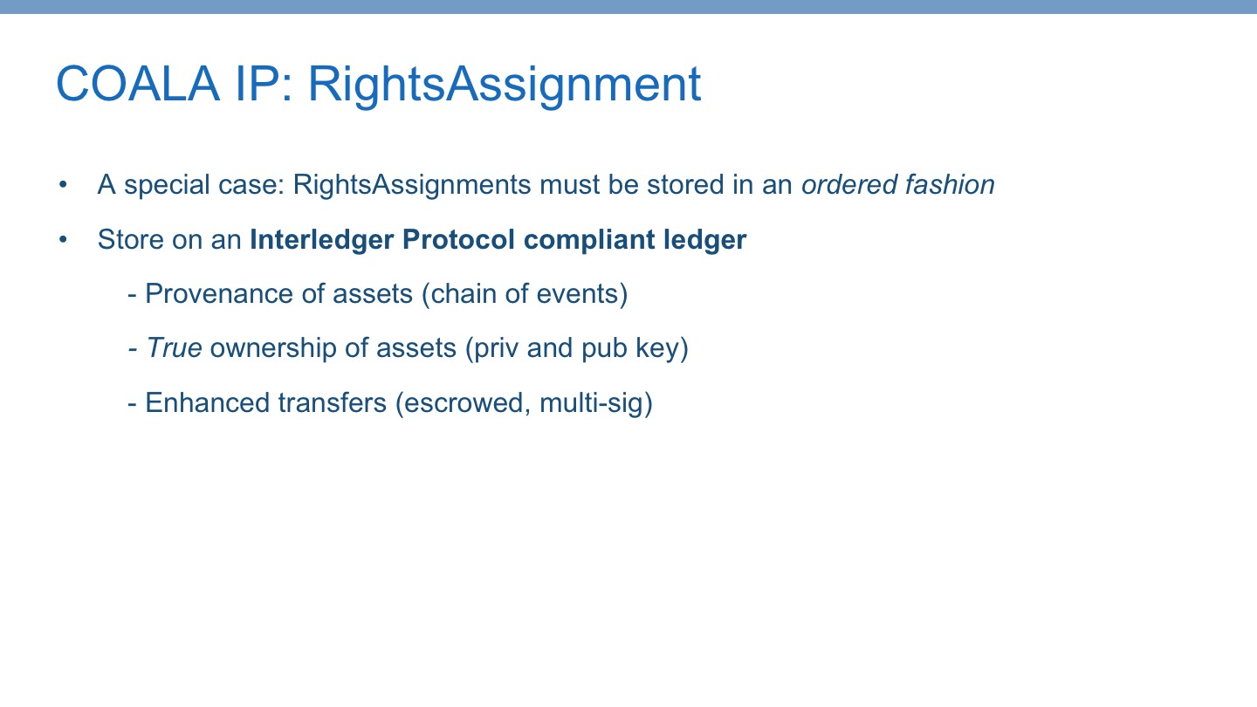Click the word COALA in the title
(138, 84)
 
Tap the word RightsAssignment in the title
(504, 86)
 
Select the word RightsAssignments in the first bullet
(412, 185)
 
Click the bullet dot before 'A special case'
(63, 185)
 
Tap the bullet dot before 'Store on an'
(63, 239)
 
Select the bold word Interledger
(322, 240)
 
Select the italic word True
(174, 348)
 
